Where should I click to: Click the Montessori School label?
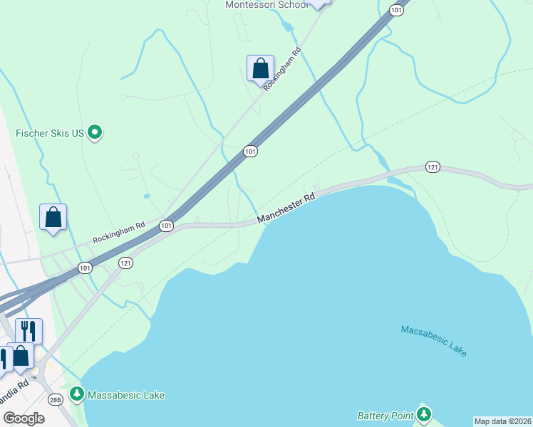266,5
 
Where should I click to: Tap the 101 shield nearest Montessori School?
397,9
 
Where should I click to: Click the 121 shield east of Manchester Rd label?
433,167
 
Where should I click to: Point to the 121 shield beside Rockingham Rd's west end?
126,263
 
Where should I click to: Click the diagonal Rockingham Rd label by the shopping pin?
283,69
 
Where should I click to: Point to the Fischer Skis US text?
50,133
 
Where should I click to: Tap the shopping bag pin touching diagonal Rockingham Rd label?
260,68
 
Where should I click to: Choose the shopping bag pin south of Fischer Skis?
53,217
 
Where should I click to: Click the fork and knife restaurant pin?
29,330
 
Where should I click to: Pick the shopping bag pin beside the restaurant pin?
21,355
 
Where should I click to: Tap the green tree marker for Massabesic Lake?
76,394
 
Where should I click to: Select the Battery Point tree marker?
424,413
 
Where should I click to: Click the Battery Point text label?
385,415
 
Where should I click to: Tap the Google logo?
24,418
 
